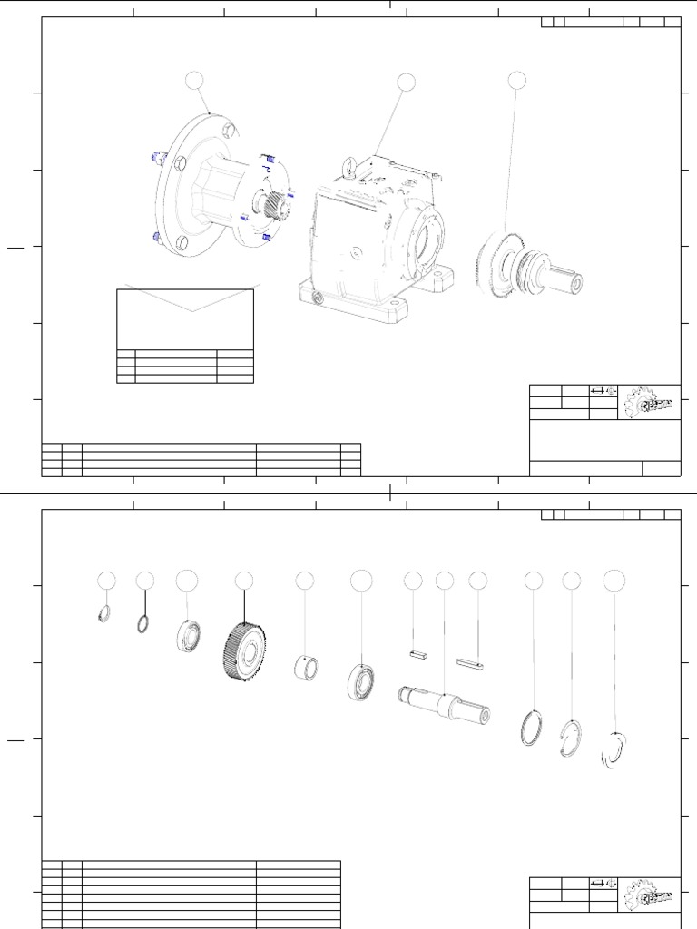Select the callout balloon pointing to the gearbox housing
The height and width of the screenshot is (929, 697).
406,83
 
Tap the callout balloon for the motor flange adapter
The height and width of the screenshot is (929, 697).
195,81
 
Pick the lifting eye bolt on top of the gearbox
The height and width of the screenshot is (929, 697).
348,166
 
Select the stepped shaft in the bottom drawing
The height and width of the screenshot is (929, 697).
445,704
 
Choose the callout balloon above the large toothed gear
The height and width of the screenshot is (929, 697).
244,580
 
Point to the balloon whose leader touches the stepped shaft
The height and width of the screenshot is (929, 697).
444,580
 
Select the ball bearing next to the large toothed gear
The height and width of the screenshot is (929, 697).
189,634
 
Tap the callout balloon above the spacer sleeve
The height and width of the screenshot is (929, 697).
305,580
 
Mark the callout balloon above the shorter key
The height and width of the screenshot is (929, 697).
413,580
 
